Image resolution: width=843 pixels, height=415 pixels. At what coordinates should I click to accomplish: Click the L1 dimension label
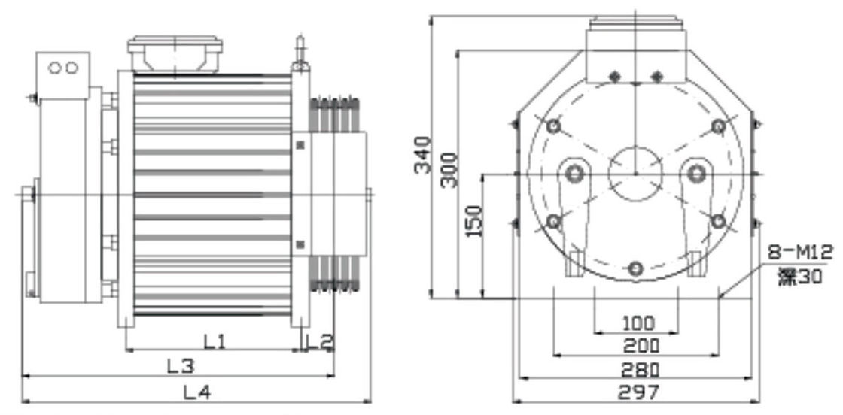(x=215, y=341)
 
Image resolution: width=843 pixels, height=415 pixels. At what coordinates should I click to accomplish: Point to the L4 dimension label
(x=198, y=392)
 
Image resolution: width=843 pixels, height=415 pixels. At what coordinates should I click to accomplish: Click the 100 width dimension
(x=637, y=323)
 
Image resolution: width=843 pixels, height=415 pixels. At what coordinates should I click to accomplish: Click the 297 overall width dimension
(x=638, y=392)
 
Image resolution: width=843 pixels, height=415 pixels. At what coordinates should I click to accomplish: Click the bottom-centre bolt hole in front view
(x=636, y=268)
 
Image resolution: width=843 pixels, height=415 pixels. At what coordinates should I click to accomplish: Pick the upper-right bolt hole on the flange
(x=718, y=126)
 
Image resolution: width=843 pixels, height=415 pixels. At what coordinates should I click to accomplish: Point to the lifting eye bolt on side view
(x=300, y=53)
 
